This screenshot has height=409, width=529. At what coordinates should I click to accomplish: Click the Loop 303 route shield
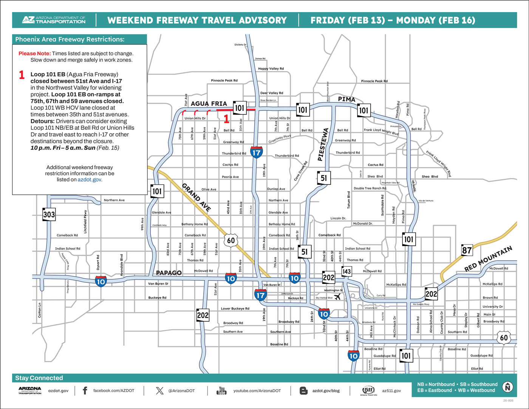(49, 214)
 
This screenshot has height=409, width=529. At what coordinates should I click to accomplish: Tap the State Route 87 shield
(467, 250)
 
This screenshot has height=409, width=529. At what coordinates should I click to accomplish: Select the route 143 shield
(346, 271)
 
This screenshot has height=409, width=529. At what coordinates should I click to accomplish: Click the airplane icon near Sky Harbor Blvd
(337, 297)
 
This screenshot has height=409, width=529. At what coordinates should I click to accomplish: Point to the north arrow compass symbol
(507, 387)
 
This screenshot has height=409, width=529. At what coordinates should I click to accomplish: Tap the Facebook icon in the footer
(85, 390)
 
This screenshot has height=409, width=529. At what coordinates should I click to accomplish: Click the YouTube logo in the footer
(221, 390)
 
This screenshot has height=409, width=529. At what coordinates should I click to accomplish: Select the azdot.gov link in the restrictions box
(90, 180)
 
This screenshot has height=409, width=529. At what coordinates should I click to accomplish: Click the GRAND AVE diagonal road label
(196, 197)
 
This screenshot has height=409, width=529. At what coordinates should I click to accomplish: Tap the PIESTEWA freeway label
(323, 145)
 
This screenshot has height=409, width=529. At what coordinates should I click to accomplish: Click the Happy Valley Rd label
(271, 69)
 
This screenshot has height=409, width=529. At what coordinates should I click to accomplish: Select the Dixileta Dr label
(240, 45)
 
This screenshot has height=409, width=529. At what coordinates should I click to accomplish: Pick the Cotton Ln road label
(40, 310)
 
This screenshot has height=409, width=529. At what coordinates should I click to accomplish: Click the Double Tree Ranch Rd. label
(370, 188)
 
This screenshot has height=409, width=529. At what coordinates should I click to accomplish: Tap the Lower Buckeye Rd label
(235, 308)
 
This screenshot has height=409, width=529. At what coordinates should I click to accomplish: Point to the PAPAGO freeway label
(169, 273)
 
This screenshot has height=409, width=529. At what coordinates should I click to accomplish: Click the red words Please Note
(34, 54)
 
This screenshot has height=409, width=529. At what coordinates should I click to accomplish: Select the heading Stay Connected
(39, 378)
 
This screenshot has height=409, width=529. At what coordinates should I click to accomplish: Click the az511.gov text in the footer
(391, 390)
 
